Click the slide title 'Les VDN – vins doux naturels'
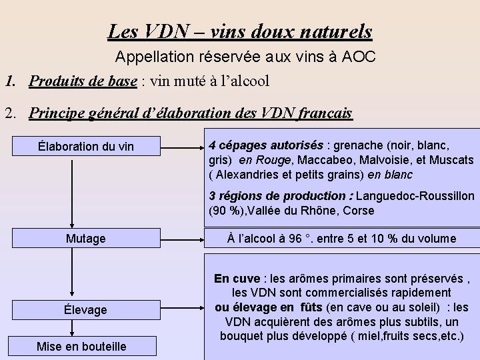240,31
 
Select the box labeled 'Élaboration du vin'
86,146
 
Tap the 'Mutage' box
86,238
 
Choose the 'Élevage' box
86,309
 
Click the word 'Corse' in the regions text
360,211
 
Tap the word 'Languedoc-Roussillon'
415,197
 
